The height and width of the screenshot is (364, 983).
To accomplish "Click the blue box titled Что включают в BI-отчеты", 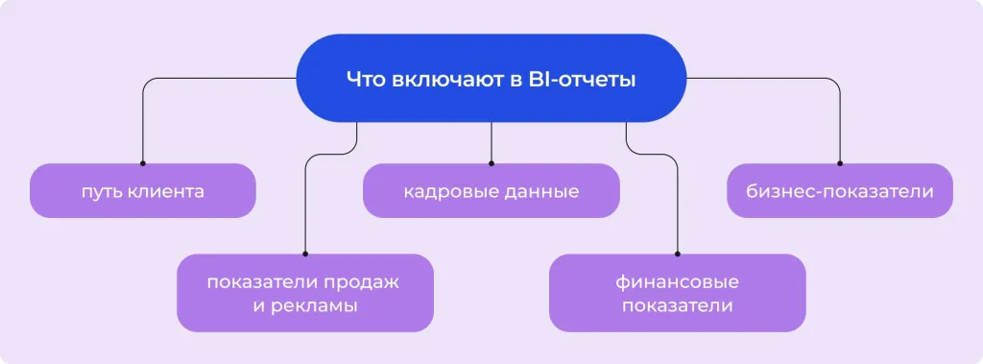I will (x=491, y=79).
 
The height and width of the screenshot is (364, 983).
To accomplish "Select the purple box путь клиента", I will (x=142, y=190).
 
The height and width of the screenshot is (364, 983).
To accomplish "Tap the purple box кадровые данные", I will (x=491, y=190).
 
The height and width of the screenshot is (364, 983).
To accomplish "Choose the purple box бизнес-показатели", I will (x=839, y=190).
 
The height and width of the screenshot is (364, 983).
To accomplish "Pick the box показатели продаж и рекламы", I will (x=304, y=293).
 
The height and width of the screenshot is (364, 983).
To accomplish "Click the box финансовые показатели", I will (x=677, y=293).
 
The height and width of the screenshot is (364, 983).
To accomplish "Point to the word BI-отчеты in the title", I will (x=583, y=80).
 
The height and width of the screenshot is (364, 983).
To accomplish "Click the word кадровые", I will (x=448, y=191).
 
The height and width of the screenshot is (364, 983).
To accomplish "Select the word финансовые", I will (x=677, y=282).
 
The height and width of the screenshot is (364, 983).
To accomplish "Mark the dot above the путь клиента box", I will (x=142, y=163).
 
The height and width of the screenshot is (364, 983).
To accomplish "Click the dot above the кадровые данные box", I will (x=491, y=163).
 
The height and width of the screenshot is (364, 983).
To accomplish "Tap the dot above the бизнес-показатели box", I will (x=839, y=163).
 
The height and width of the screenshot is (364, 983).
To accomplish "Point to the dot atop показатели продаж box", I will (x=304, y=254).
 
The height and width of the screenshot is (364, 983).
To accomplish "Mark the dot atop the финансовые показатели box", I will (x=677, y=254).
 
